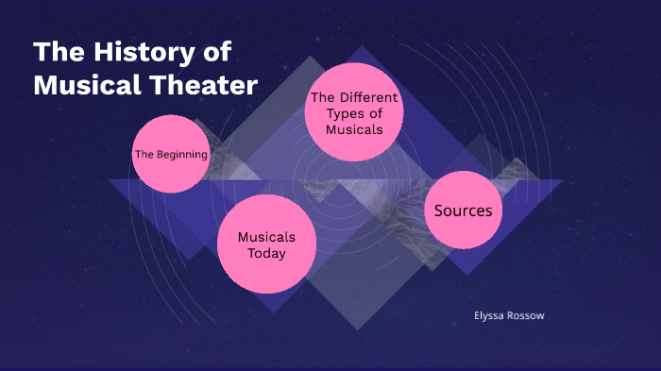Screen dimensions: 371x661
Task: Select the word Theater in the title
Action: (x=204, y=85)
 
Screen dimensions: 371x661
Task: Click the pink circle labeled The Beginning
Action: (x=170, y=153)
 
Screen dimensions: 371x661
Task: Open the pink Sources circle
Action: (x=463, y=211)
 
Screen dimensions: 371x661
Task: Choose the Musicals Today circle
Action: (x=266, y=245)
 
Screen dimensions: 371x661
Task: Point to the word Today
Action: (x=266, y=253)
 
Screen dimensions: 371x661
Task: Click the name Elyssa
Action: (x=490, y=315)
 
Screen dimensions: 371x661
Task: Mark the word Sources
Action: (x=463, y=211)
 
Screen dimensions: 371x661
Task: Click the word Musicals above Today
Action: (x=266, y=237)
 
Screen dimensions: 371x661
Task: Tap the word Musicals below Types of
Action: (x=354, y=129)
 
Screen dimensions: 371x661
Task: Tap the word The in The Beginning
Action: (x=144, y=154)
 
